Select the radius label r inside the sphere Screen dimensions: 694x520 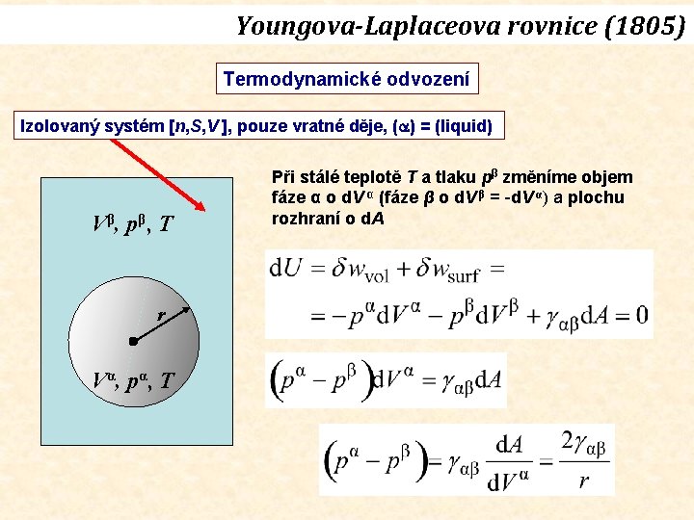point(161,314)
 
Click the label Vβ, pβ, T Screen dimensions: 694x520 point(133,225)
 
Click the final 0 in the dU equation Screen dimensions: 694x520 point(641,315)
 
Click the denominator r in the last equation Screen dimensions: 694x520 point(583,481)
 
